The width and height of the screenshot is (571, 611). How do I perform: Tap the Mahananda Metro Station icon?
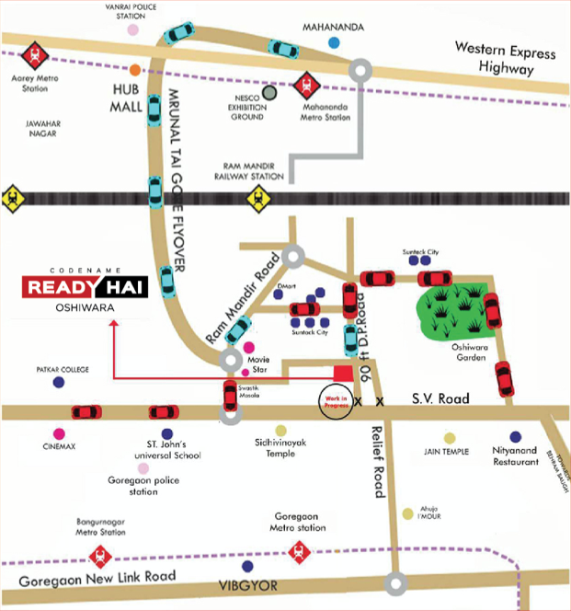306,86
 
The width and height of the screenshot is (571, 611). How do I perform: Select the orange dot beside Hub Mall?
135,71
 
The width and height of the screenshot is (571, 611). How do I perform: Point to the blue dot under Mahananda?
335,42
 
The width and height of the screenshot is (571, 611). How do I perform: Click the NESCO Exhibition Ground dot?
268,92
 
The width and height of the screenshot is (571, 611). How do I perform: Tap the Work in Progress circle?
332,400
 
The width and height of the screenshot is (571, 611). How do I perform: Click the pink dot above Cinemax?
60,433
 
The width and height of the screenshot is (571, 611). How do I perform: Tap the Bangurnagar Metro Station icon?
99,555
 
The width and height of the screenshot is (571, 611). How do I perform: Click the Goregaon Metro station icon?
297,552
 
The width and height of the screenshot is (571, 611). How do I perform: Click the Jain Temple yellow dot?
450,438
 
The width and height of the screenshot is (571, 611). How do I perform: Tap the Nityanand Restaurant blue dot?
515,437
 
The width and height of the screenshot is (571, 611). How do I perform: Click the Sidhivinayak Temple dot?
280,430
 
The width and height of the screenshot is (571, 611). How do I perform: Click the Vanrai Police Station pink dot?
133,29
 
